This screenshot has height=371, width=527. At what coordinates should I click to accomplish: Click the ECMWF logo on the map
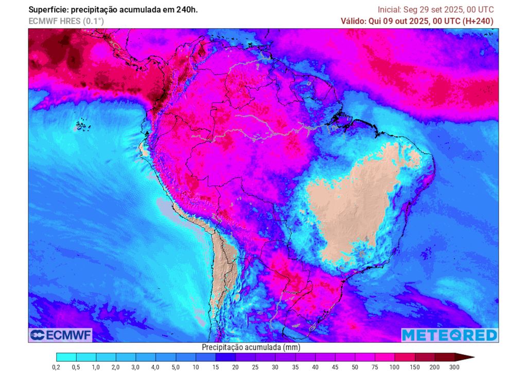coord(61,335)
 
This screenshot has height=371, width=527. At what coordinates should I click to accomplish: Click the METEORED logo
coord(449,335)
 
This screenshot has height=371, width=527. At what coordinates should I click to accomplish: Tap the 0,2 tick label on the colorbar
coord(56,367)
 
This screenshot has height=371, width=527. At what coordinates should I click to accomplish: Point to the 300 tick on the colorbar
coord(454,367)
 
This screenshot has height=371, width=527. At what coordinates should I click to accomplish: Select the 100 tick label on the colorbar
coord(395,367)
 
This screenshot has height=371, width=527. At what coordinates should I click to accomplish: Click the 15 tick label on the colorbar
coord(216,367)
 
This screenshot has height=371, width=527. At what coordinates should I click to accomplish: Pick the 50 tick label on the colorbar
coord(355,367)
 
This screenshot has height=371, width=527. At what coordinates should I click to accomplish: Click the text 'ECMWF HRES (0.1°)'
coord(65,21)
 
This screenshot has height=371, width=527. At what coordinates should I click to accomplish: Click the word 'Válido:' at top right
coord(355,21)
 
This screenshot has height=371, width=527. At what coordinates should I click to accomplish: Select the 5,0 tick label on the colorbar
coord(175,367)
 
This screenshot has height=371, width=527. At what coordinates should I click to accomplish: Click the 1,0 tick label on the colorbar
coord(96,367)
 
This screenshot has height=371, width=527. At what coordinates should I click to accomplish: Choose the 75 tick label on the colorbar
coord(375,367)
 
